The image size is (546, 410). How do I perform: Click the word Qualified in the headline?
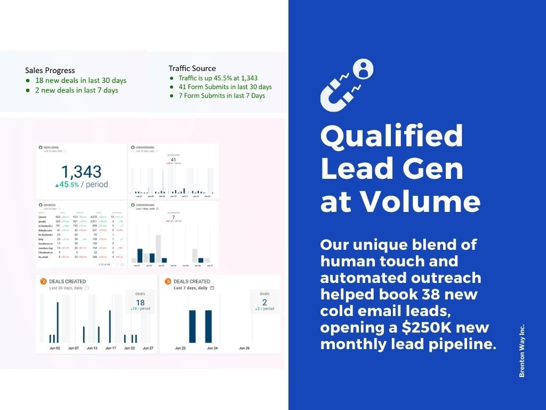click(391, 136)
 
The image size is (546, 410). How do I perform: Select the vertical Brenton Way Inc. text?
click(522, 350)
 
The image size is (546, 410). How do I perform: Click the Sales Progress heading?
click(50, 70)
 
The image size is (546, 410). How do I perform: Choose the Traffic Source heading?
click(192, 68)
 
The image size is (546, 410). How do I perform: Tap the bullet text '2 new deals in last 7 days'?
click(77, 90)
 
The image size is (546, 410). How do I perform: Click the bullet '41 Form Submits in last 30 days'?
click(224, 86)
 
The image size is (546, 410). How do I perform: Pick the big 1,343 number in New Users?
click(82, 172)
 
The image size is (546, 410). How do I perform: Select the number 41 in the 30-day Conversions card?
click(173, 159)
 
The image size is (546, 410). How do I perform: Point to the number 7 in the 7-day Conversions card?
click(173, 216)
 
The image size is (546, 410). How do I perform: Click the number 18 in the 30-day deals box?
click(140, 302)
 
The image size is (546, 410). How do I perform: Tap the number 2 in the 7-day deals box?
click(264, 302)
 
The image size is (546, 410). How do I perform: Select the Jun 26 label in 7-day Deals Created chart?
click(244, 348)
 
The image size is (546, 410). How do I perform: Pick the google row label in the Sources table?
click(43, 221)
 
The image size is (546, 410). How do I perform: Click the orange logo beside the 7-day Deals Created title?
click(167, 281)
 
